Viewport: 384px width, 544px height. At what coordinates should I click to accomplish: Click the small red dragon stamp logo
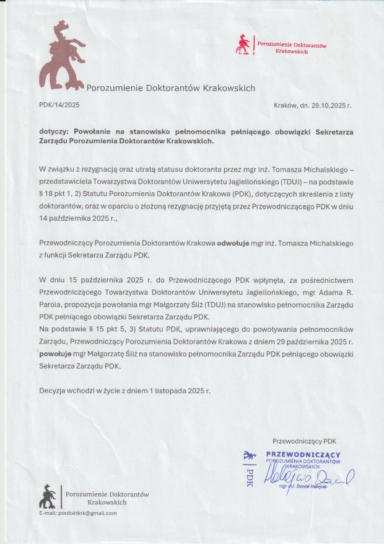point(244,45)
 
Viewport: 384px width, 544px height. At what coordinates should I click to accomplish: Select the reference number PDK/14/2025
point(59,105)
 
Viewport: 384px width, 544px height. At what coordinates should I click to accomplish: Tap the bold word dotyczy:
point(55,132)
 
